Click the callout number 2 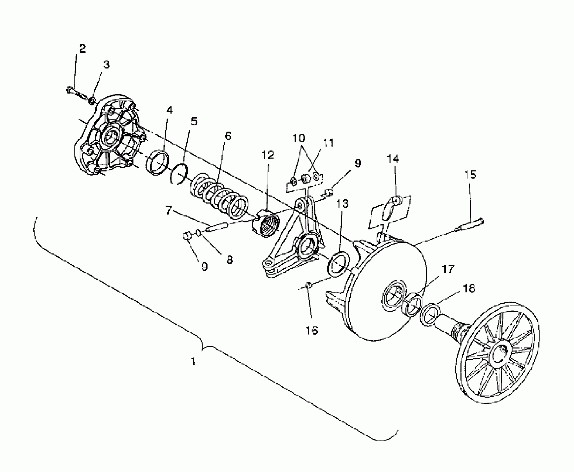pyautogui.click(x=82, y=49)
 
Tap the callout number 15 pyautogui.click(x=470, y=175)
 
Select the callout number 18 pyautogui.click(x=469, y=288)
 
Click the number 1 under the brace pyautogui.click(x=193, y=362)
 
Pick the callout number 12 pyautogui.click(x=268, y=155)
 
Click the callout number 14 pyautogui.click(x=393, y=159)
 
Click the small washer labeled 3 pyautogui.click(x=92, y=100)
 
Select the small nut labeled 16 pyautogui.click(x=308, y=285)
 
